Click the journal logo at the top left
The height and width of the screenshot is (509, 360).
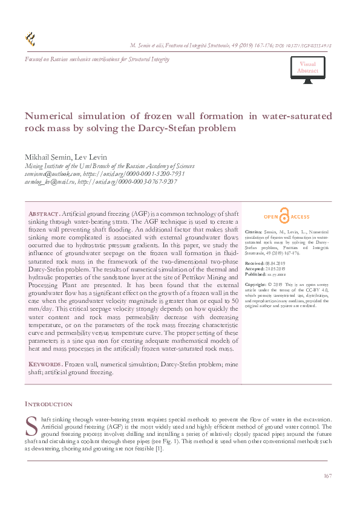30,40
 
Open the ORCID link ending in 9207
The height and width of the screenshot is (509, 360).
126,181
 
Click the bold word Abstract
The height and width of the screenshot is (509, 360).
44,215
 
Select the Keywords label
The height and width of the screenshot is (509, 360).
45,365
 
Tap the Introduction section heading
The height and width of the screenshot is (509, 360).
48,404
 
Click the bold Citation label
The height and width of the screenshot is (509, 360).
254,232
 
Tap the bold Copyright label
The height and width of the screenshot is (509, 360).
256,284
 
